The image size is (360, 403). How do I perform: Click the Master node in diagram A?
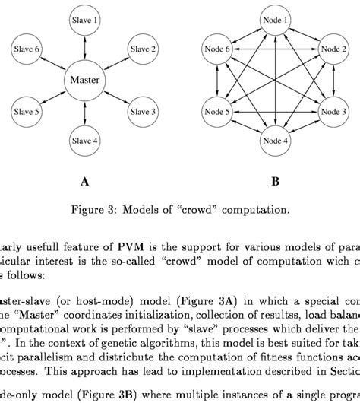point(85,79)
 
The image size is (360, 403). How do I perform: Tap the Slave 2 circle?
point(140,49)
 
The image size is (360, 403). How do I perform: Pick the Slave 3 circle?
point(140,111)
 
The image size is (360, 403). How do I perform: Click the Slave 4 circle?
point(85,141)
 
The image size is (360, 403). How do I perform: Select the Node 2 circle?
point(330,49)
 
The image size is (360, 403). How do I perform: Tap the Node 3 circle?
point(330,111)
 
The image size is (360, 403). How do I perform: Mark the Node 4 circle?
point(276,141)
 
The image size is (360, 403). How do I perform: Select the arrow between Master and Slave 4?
point(85,113)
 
